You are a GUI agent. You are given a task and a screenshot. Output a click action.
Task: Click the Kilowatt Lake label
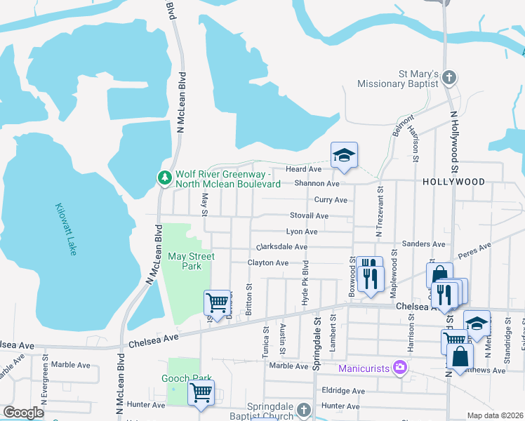pos(66,229)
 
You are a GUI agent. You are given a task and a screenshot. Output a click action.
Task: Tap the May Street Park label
pos(190,261)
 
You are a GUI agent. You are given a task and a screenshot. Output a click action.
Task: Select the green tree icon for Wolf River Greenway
pos(165,178)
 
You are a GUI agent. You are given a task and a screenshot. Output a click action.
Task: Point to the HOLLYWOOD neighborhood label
pos(453,182)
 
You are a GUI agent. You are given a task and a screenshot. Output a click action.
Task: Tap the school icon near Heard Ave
pos(344,157)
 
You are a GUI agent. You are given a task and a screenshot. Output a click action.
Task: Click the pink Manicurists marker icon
pos(400,367)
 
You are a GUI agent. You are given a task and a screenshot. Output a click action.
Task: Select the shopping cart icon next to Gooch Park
pos(201,394)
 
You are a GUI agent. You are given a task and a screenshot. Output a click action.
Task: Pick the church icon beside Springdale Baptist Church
pos(303,409)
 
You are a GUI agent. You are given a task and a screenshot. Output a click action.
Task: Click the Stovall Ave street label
pos(309,216)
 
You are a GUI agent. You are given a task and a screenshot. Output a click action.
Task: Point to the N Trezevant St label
pos(380,210)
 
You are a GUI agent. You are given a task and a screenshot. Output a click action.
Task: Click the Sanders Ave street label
pos(424,244)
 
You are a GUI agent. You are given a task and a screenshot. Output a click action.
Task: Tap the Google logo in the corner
pos(23,413)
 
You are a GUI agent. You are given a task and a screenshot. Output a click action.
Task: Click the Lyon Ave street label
pos(302,232)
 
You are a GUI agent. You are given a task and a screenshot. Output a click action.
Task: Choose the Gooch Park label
pos(189,378)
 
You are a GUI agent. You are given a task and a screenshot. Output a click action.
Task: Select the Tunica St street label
pos(265,342)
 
